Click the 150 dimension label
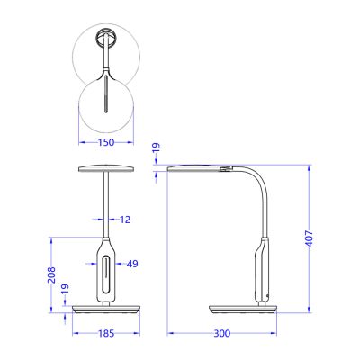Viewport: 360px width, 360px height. (106, 142)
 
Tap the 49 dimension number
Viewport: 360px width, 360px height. (131, 264)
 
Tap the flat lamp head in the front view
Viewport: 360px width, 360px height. (106, 167)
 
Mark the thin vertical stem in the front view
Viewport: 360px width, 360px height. (106, 202)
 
